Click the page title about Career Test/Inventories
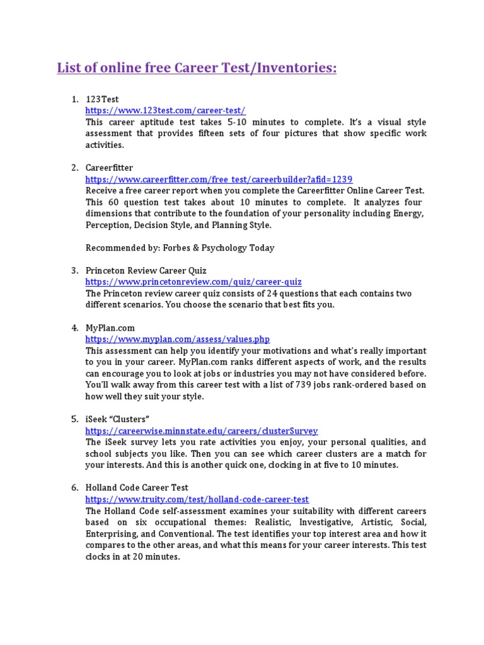[197, 67]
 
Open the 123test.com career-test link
[165, 110]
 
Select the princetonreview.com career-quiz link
[193, 282]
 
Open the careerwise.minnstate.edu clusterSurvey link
[202, 431]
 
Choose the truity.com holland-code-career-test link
[197, 499]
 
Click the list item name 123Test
[102, 99]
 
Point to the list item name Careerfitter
[110, 168]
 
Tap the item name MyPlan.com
[110, 328]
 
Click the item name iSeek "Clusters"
[118, 419]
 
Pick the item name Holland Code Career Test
[137, 488]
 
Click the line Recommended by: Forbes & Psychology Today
[180, 248]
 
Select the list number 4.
[74, 328]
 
